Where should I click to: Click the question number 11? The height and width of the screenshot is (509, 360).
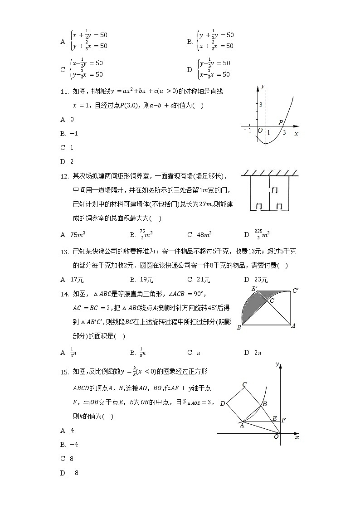(64, 92)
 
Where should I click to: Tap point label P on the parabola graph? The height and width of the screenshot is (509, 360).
(281, 122)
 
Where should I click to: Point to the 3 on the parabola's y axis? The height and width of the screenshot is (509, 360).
(261, 105)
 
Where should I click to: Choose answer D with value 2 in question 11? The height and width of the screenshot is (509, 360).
(67, 161)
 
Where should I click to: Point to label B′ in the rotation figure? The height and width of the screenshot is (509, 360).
(255, 289)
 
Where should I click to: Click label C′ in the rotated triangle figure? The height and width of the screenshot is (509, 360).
(295, 291)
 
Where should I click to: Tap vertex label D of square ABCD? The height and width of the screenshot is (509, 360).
(222, 403)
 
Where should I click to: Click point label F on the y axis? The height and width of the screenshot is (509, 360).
(283, 420)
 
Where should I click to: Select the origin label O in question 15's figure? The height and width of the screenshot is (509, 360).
(276, 436)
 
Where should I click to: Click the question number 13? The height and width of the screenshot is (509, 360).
(64, 252)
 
